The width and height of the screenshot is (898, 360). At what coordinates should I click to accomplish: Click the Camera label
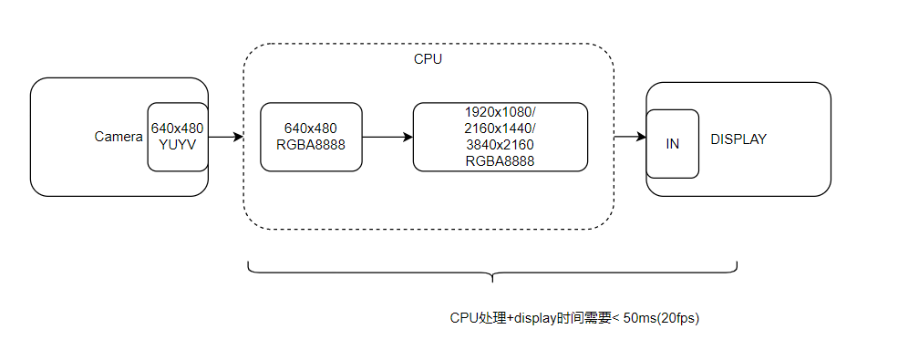click(119, 137)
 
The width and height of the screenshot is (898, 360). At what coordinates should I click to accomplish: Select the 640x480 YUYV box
click(177, 137)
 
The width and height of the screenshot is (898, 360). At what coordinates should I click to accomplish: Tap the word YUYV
click(177, 145)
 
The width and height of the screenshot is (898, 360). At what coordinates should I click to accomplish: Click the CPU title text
click(428, 59)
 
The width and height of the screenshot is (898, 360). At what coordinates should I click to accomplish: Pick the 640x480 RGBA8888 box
click(311, 137)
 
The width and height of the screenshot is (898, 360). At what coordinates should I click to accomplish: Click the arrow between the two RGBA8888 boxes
click(387, 137)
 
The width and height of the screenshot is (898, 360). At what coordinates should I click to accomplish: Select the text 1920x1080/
click(500, 111)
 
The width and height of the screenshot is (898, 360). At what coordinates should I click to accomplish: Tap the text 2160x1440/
click(500, 128)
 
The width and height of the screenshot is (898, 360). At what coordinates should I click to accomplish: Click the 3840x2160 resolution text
click(500, 145)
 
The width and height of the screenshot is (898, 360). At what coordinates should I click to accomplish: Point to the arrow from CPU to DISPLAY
click(629, 137)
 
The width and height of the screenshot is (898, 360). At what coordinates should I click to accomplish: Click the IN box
click(673, 144)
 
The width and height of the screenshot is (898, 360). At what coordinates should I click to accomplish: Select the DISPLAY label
click(738, 139)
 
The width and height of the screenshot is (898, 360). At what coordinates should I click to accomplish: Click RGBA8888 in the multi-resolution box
click(500, 161)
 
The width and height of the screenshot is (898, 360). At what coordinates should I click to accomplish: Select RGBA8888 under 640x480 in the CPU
click(311, 145)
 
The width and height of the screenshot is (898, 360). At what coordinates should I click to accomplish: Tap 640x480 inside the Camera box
click(177, 129)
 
